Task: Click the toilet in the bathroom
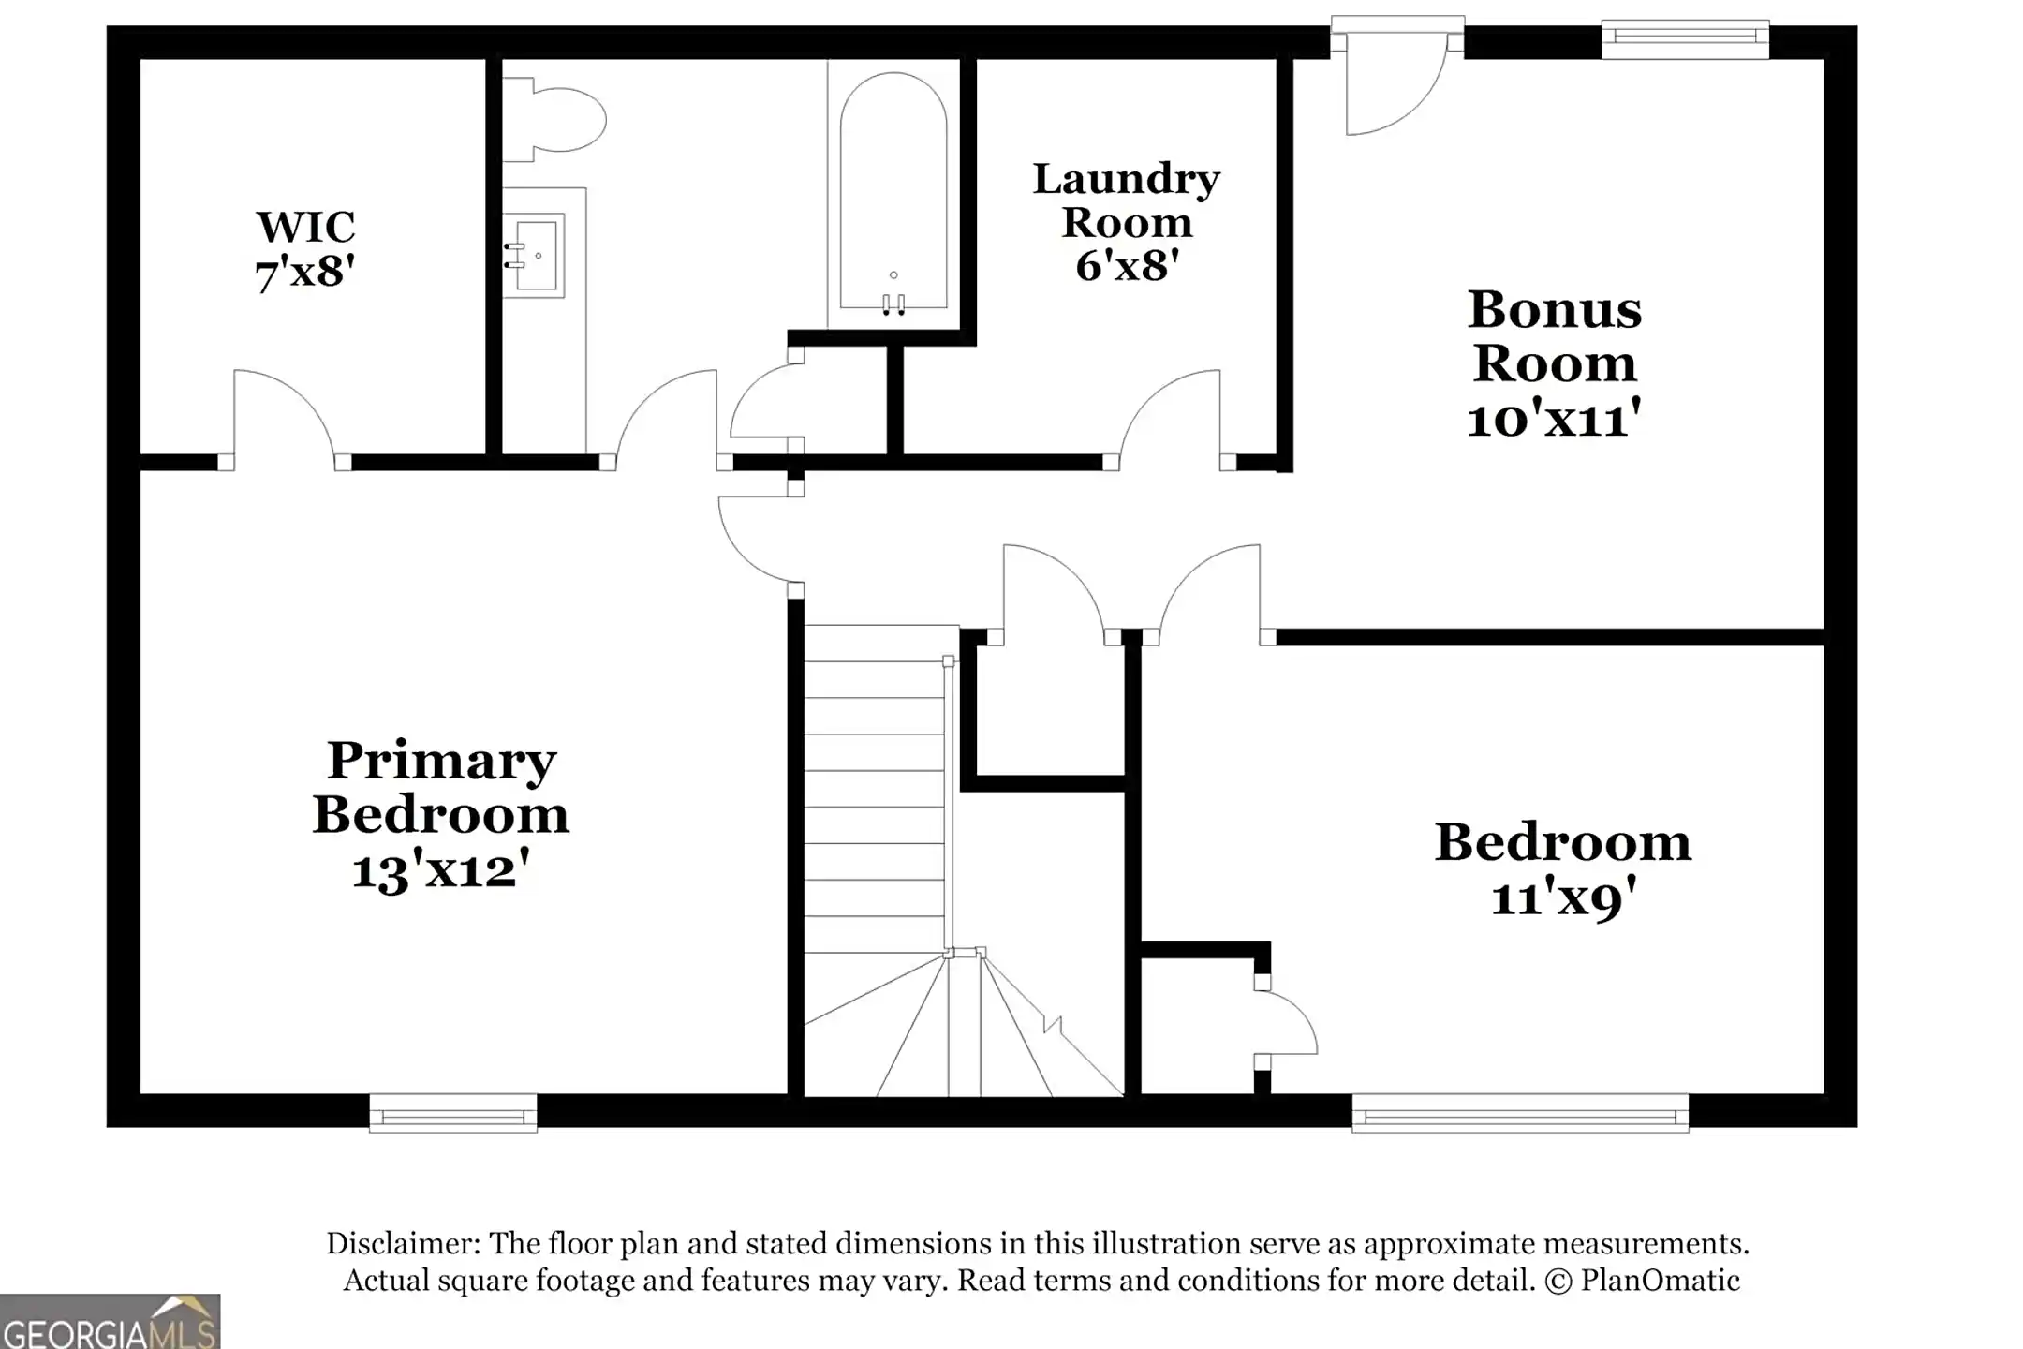click(x=562, y=120)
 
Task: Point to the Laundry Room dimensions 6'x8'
click(x=1126, y=266)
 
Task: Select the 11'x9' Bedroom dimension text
click(x=1563, y=898)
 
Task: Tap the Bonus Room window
click(x=1685, y=37)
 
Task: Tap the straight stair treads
click(x=873, y=787)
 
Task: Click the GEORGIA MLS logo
click(x=110, y=1323)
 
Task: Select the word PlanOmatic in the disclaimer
click(x=1660, y=1281)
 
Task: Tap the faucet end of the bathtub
click(x=893, y=298)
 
